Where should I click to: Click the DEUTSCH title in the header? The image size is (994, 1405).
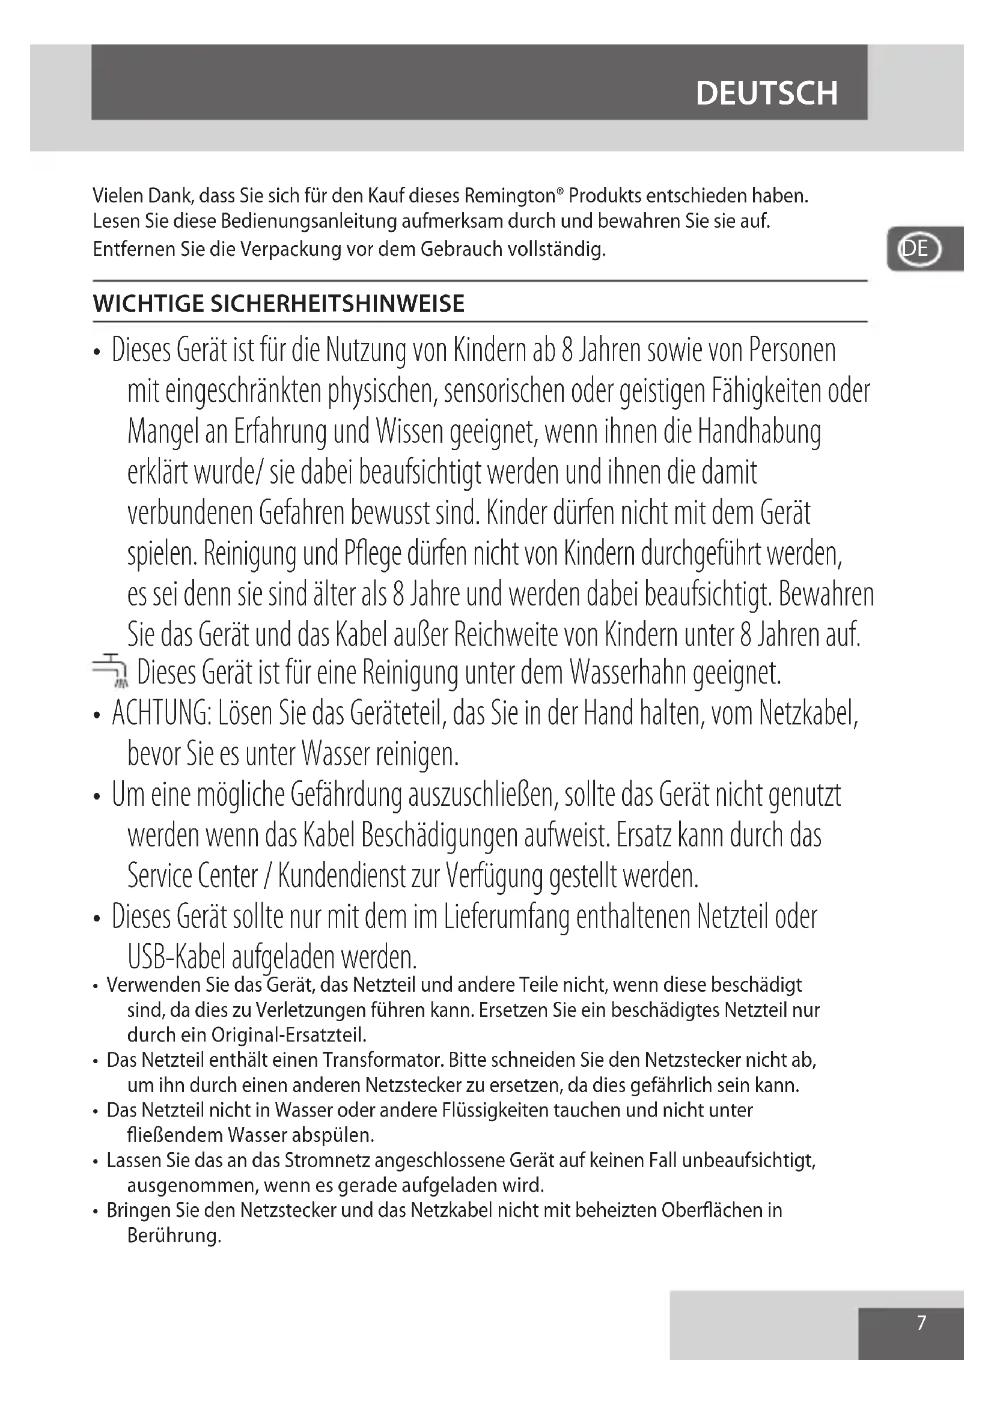[x=766, y=93]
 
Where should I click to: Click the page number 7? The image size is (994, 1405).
[x=922, y=1322]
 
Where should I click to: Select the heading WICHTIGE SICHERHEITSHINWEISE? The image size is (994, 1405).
[x=279, y=303]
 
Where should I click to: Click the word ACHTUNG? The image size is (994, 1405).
[x=160, y=714]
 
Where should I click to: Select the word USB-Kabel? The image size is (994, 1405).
[x=176, y=957]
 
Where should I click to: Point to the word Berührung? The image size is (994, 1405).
[x=174, y=1236]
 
